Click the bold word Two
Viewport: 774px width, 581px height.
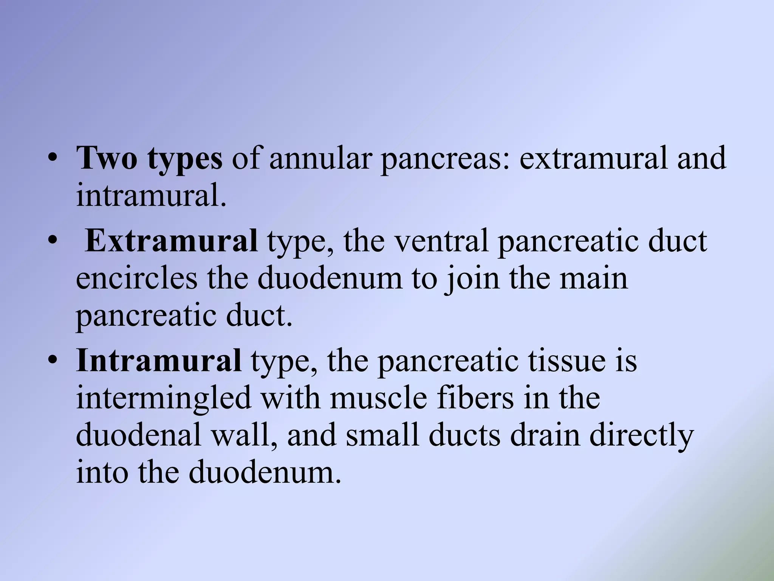pyautogui.click(x=107, y=158)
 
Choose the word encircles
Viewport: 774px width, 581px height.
pyautogui.click(x=136, y=278)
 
